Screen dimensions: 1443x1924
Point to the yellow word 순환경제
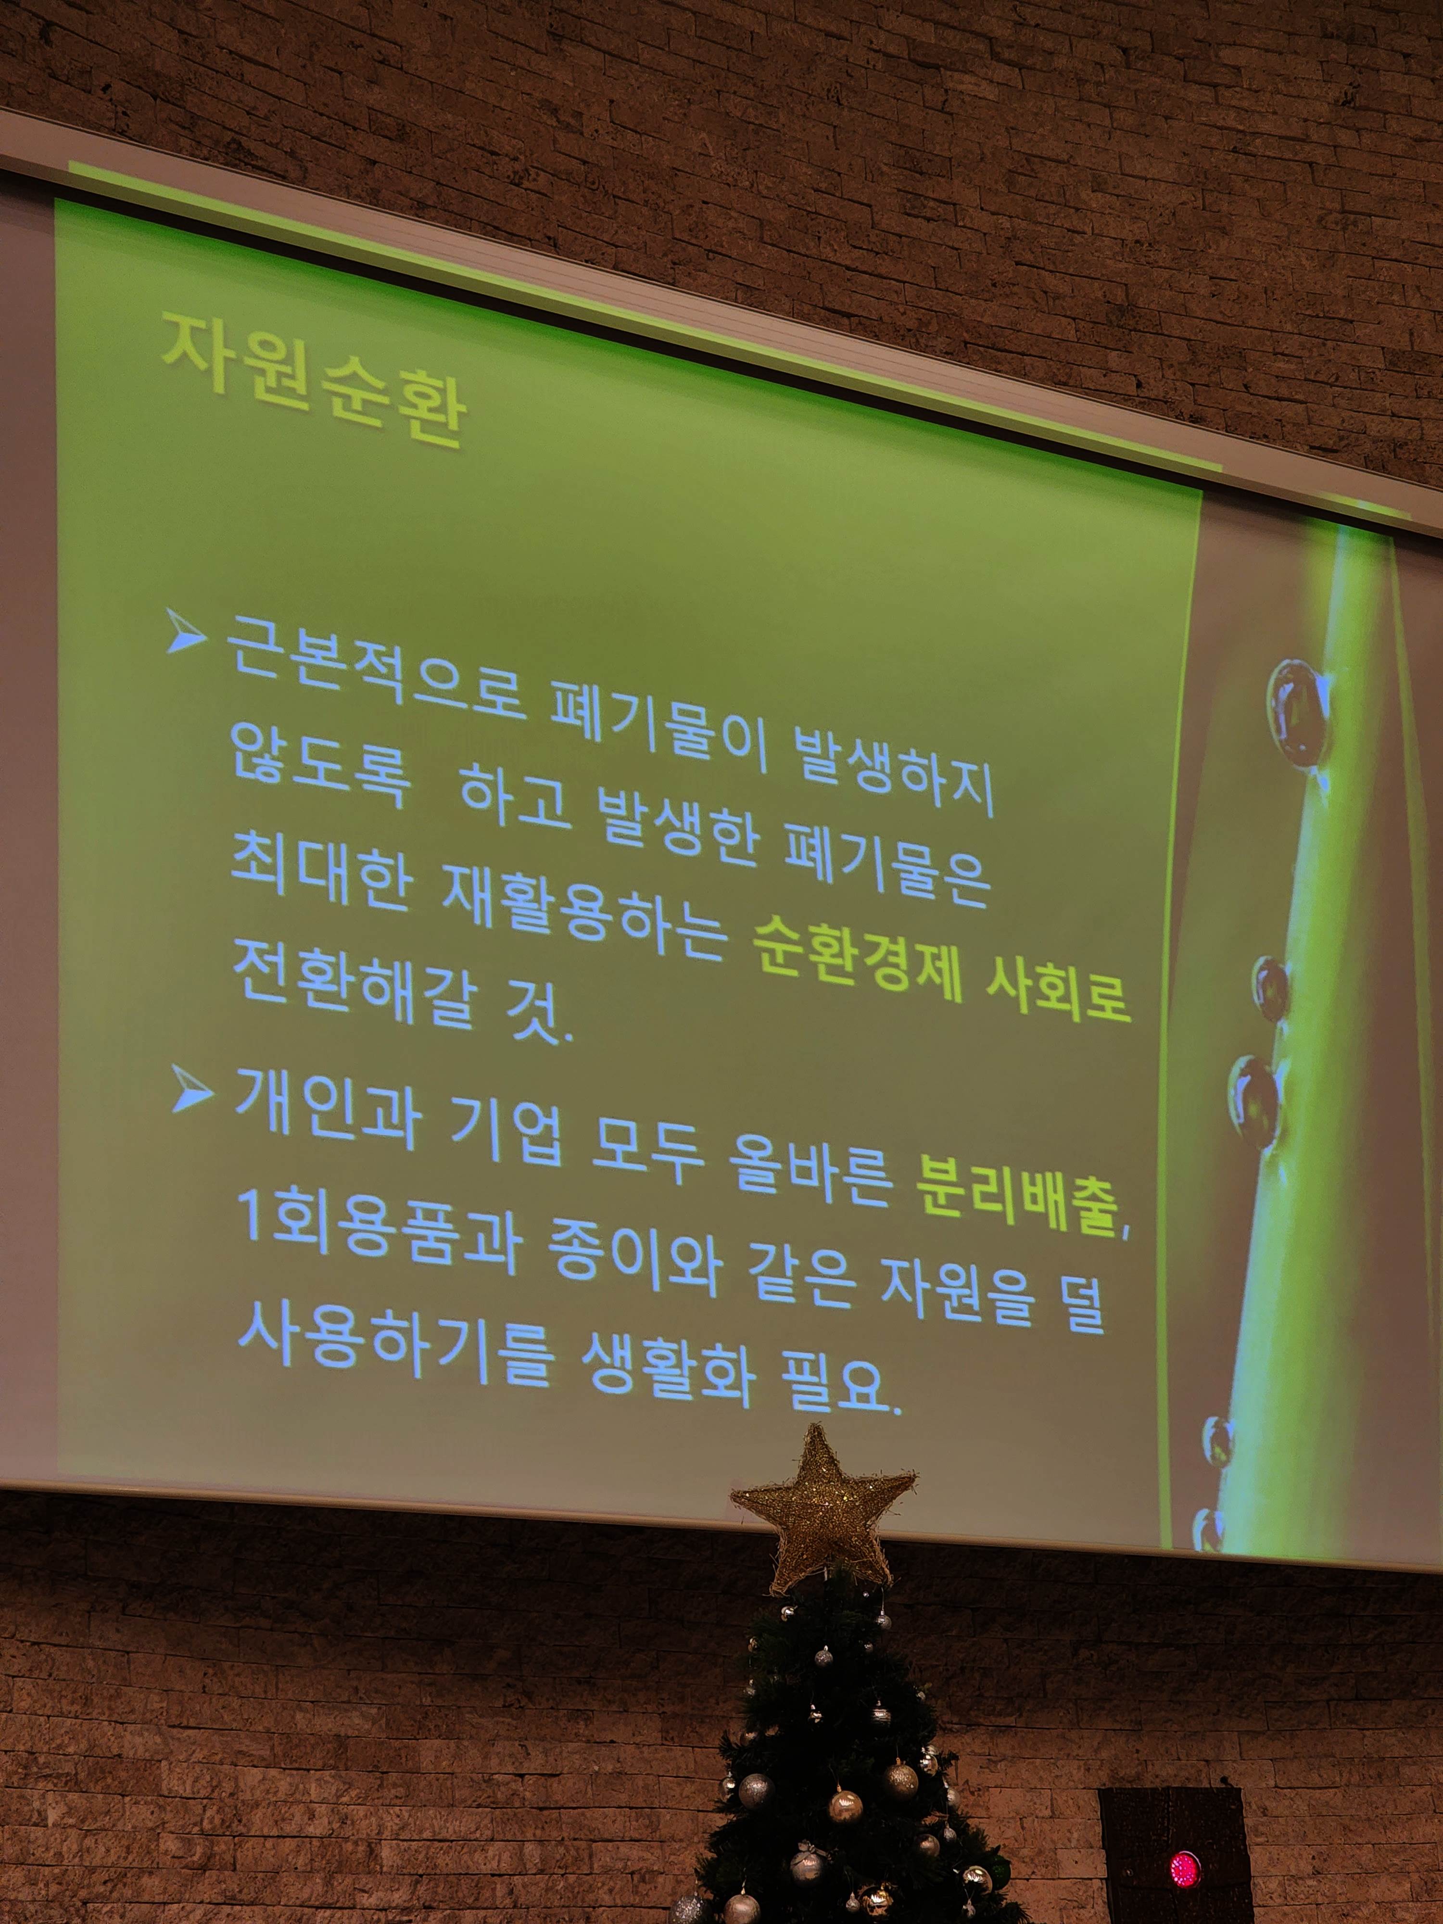point(858,963)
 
